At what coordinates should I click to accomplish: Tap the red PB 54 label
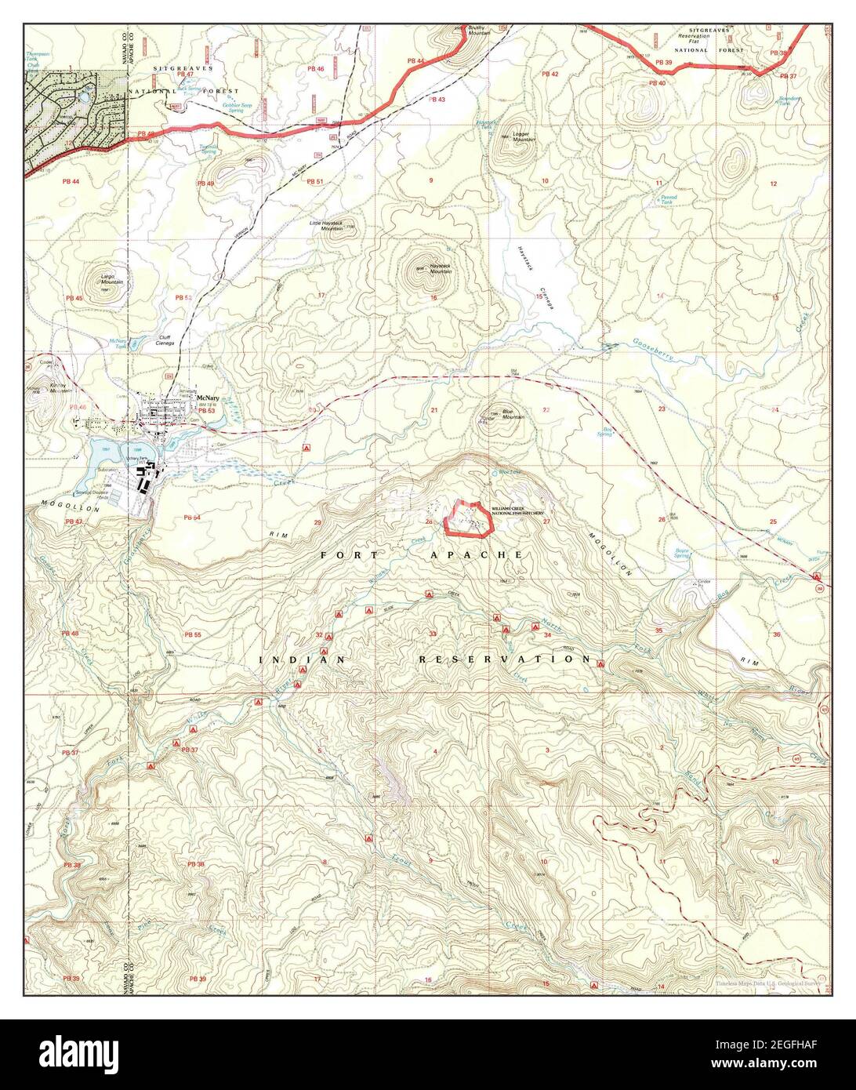(x=191, y=518)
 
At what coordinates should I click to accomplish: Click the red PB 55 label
(x=193, y=634)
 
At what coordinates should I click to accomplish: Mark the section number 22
(x=546, y=410)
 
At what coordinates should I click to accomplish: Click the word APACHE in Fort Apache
(x=476, y=554)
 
